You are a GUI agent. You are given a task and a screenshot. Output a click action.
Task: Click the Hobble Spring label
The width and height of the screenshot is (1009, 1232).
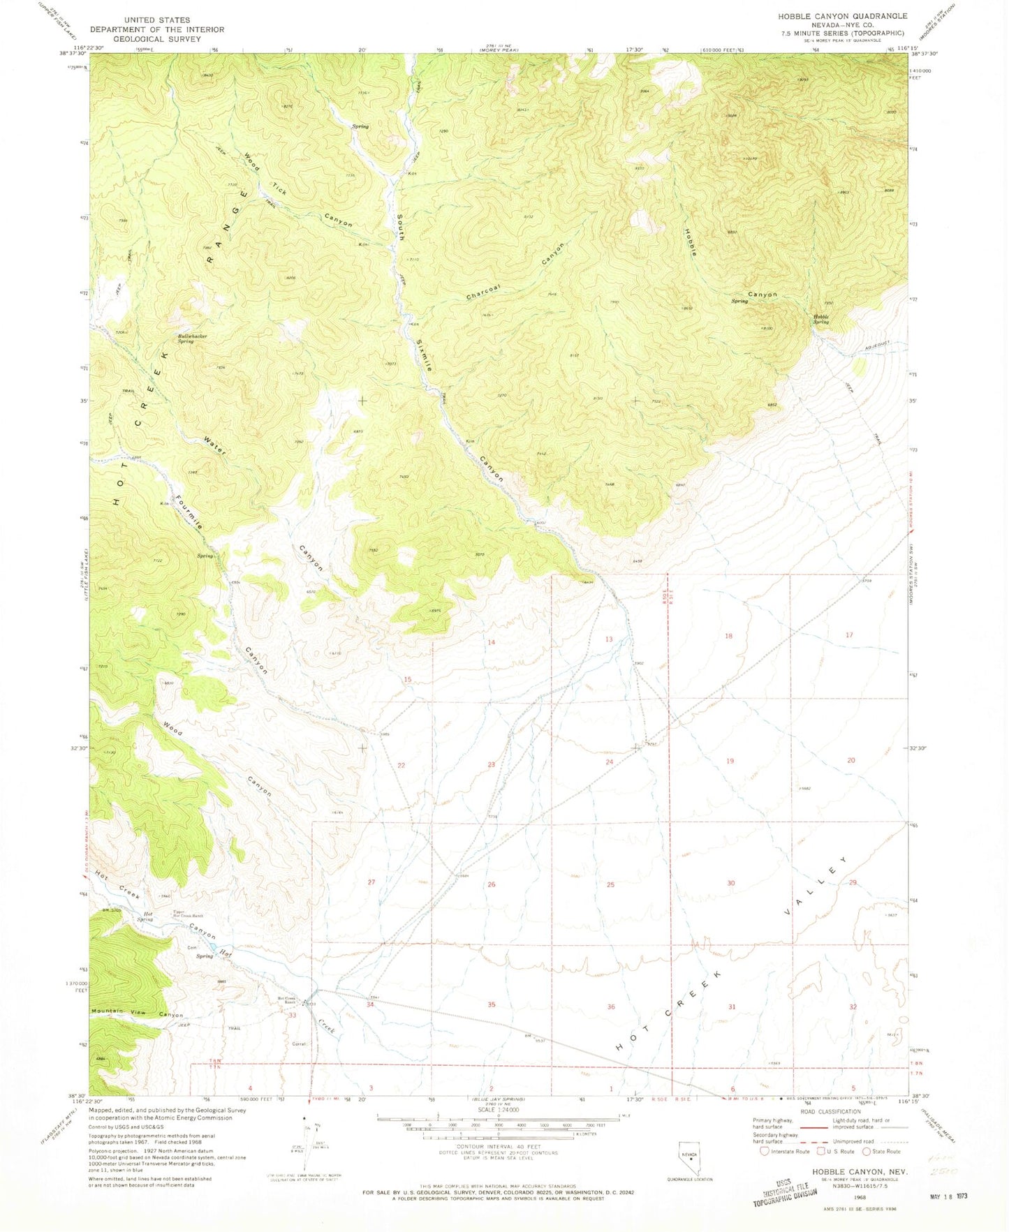pyautogui.click(x=820, y=320)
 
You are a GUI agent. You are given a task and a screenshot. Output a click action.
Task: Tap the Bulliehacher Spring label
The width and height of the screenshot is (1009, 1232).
pyautogui.click(x=191, y=339)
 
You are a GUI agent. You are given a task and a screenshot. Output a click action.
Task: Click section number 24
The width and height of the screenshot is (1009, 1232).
pyautogui.click(x=610, y=762)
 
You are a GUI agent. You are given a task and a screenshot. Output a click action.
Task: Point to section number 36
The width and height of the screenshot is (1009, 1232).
pyautogui.click(x=611, y=1007)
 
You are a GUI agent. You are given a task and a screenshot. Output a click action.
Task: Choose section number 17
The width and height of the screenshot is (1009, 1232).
pyautogui.click(x=849, y=635)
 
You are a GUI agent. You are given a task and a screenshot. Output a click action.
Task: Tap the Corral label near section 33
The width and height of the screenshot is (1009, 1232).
pyautogui.click(x=300, y=1044)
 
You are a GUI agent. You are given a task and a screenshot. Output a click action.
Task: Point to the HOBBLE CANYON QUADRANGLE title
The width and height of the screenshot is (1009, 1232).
pyautogui.click(x=842, y=16)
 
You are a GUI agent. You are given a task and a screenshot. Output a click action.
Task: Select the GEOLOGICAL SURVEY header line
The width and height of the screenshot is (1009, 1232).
pyautogui.click(x=157, y=39)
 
